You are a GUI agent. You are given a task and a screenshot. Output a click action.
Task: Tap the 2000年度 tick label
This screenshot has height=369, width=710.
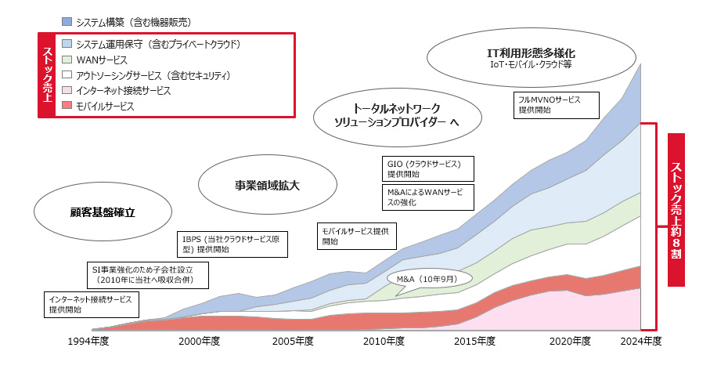199,342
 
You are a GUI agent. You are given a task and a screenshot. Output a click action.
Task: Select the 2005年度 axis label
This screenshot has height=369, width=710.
292,342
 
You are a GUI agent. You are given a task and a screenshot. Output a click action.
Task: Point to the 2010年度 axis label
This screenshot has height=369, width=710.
384,342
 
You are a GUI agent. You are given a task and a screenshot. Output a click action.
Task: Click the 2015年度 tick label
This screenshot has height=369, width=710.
476,342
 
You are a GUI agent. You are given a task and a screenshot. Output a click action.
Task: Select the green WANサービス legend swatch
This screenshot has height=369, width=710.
67,60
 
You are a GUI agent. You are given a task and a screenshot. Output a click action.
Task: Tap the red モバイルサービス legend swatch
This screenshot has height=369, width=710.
67,106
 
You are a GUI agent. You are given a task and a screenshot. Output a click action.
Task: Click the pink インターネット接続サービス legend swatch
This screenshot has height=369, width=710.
67,91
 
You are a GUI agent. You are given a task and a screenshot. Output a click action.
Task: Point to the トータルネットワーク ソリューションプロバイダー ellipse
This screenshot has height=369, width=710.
396,118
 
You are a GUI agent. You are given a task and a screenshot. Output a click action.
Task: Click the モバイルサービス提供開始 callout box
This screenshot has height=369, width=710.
357,236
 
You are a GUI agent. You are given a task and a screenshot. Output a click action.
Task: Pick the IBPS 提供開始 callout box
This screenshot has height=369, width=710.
230,244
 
